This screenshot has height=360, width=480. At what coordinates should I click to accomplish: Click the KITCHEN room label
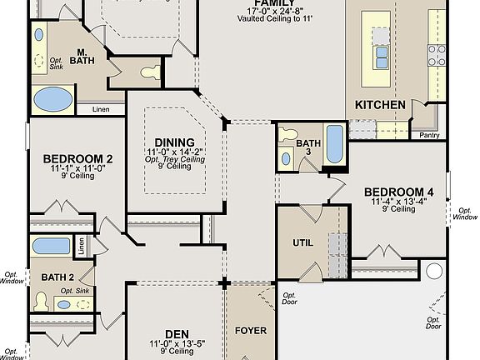click(381, 105)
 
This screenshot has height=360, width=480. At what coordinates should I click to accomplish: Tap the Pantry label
click(430, 134)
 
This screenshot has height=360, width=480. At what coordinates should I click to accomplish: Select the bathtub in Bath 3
click(333, 144)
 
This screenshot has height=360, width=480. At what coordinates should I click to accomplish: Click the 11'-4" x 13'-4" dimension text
click(398, 201)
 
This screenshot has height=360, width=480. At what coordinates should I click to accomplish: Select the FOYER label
click(250, 331)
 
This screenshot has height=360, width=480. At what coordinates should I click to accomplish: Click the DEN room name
click(176, 334)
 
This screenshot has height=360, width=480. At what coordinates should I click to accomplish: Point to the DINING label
click(175, 142)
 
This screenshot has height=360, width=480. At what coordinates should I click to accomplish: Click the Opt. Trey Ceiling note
click(175, 159)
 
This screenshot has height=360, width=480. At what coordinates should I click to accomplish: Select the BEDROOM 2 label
click(77, 158)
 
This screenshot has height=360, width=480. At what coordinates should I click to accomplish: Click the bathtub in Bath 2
click(52, 246)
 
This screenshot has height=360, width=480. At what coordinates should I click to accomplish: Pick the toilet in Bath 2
click(41, 301)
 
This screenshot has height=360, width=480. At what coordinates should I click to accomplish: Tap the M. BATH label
click(82, 56)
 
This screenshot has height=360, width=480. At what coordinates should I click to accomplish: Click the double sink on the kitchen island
click(381, 57)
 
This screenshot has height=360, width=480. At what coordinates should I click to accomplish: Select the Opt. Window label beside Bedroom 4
click(465, 213)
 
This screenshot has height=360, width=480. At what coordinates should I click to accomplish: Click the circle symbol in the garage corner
click(432, 271)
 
